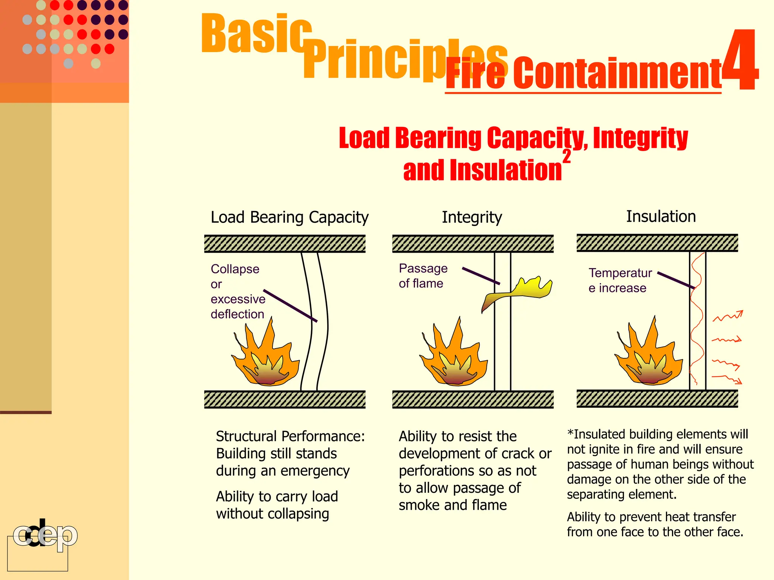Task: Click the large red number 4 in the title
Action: click(740, 60)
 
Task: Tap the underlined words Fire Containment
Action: click(583, 74)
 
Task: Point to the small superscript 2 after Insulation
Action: click(567, 156)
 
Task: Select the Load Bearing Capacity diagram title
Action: click(289, 217)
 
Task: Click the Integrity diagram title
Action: click(472, 217)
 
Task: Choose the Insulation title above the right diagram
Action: click(661, 217)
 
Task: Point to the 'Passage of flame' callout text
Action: click(423, 276)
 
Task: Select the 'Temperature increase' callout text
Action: click(620, 280)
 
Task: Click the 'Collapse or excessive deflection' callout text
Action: click(237, 292)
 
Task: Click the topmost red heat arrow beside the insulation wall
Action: click(728, 316)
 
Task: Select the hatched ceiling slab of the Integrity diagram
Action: click(472, 244)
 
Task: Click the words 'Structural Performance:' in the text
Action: click(290, 437)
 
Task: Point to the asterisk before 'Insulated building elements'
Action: click(570, 433)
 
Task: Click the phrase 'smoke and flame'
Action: click(452, 505)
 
